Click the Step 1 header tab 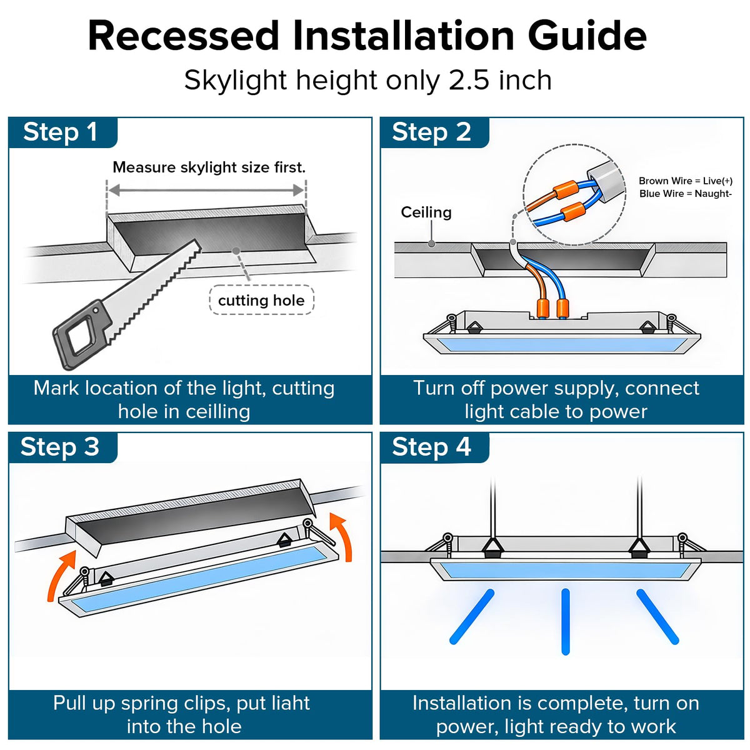[62, 132]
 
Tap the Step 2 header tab [434, 132]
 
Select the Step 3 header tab [62, 447]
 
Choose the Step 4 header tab [434, 447]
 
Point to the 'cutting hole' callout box [261, 301]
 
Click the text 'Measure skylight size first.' [209, 167]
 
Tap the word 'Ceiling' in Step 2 [426, 212]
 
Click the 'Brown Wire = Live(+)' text [686, 181]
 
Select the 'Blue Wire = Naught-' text [686, 193]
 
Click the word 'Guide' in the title [587, 36]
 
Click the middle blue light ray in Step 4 [565, 621]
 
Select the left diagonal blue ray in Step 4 [472, 617]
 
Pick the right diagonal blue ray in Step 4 [657, 617]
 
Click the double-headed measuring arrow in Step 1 [206, 191]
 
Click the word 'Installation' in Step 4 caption [462, 703]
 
